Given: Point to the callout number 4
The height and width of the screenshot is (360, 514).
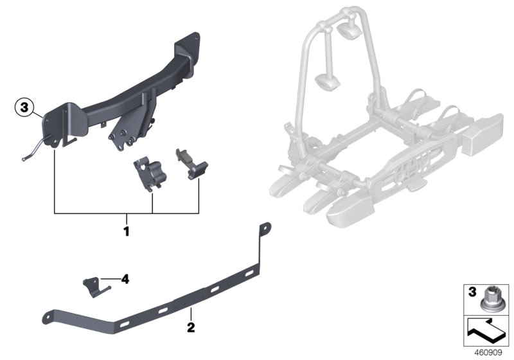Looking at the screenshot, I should pyautogui.click(x=125, y=280).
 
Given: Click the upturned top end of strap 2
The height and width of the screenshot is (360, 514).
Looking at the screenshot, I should pyautogui.click(x=264, y=228).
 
